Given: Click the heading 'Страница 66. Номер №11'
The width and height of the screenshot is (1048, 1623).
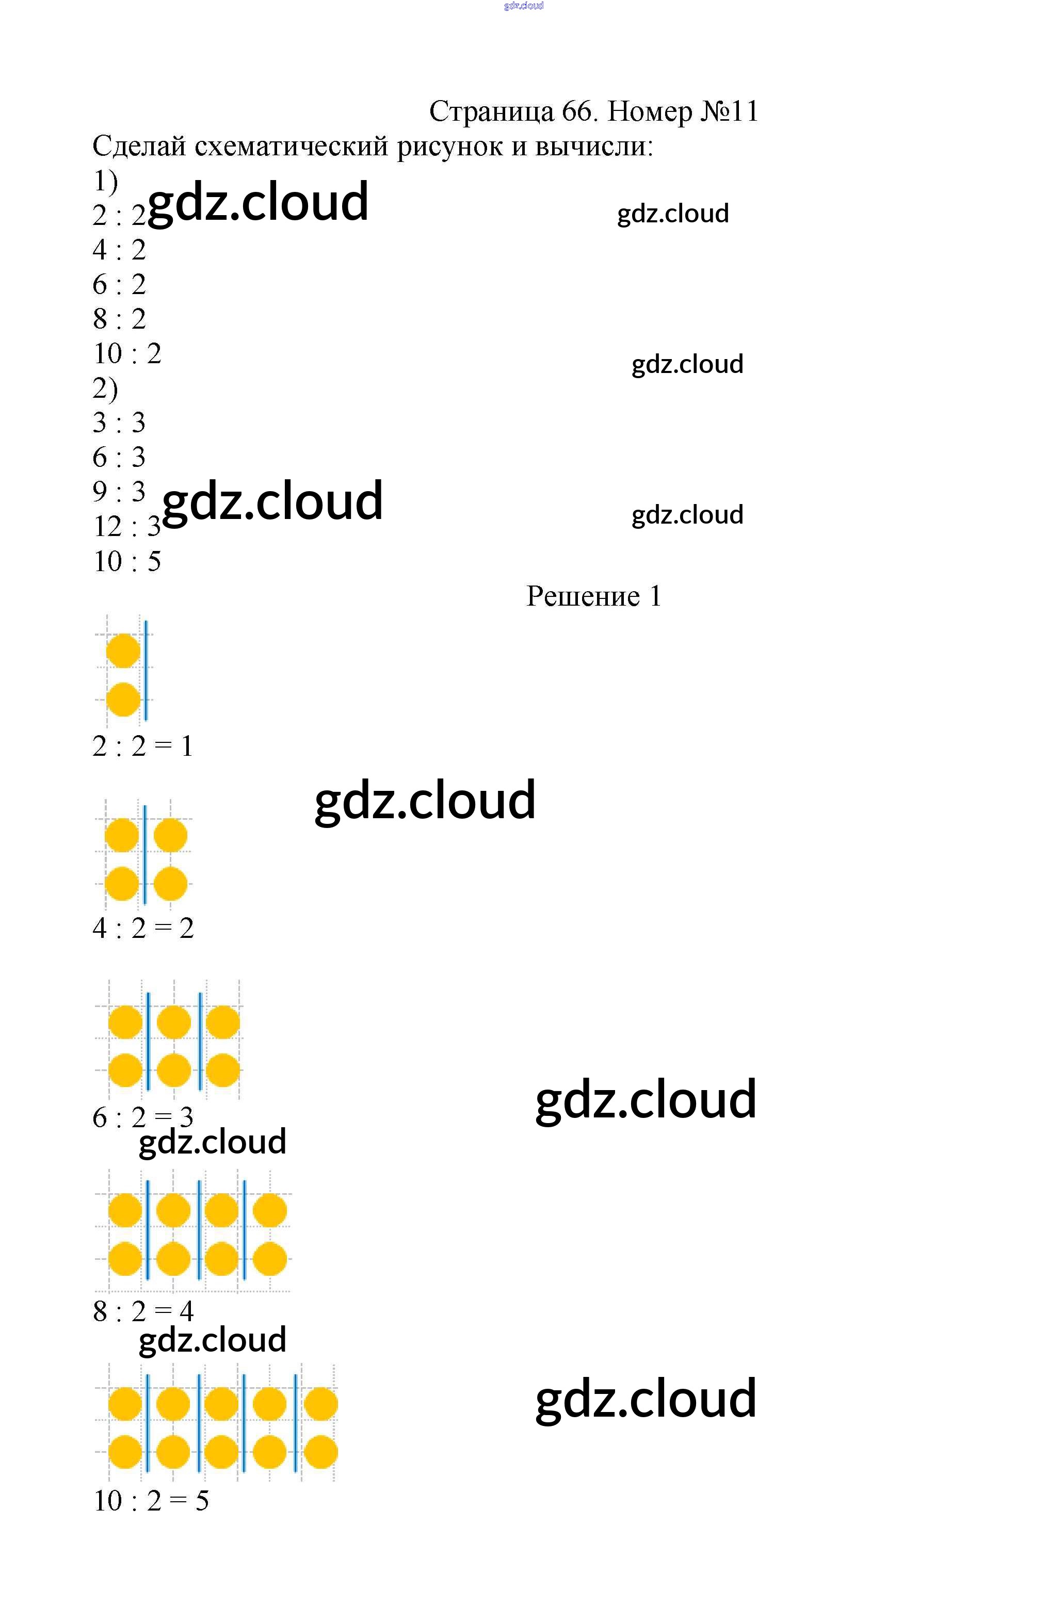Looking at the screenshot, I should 593,111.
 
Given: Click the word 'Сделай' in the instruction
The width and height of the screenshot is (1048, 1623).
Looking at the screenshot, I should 139,146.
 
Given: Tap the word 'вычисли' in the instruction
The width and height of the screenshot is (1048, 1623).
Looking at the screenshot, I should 593,146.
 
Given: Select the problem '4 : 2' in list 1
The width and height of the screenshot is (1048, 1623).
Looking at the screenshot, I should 119,250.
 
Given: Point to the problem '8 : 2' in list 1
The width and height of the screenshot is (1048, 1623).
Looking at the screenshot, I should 119,319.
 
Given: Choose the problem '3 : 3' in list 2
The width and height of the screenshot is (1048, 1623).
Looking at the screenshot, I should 119,423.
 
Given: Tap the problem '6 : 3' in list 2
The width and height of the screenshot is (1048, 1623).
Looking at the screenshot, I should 119,457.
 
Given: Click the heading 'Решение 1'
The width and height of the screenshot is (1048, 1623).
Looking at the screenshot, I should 593,596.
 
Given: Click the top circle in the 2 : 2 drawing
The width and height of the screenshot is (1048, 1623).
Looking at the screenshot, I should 123,651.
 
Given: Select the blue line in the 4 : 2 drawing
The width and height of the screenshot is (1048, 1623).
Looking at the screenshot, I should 145,855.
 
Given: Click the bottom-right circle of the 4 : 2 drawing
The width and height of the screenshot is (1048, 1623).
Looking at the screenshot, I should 170,884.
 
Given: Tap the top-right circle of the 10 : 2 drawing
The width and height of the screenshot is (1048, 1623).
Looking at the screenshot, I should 320,1404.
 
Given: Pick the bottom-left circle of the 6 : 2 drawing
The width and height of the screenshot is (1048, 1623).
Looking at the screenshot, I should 125,1070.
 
